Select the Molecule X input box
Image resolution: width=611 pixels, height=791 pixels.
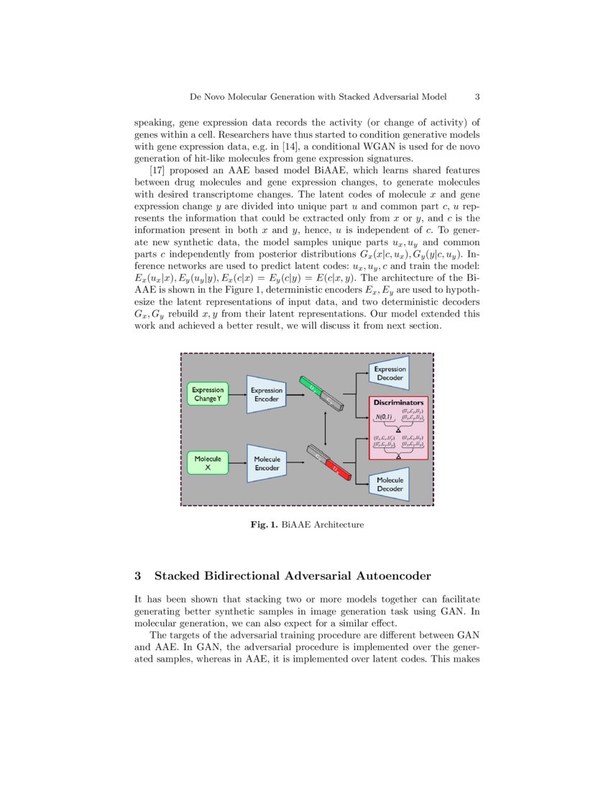207,462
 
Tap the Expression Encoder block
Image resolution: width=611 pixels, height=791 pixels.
267,394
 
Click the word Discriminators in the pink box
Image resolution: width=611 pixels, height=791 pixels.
398,403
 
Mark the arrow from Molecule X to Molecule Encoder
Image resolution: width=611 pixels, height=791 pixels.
236,463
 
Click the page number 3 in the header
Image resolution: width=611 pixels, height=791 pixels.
477,96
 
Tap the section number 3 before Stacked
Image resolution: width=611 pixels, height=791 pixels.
139,576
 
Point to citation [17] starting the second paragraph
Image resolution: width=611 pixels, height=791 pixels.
157,170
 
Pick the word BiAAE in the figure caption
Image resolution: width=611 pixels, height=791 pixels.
295,525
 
